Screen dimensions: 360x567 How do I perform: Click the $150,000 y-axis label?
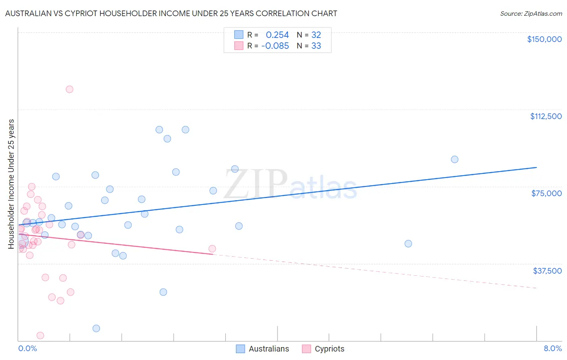coord(544,39)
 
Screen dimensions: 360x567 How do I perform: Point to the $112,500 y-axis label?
coord(546,116)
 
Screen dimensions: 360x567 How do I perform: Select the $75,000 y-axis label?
coord(546,193)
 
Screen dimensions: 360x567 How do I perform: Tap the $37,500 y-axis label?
coord(547,271)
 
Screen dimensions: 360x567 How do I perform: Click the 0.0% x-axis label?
coord(27,349)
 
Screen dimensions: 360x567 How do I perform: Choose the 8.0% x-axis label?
coord(552,349)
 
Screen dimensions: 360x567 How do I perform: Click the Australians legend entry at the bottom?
coord(263,349)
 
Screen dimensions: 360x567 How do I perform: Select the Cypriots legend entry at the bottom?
coord(323,349)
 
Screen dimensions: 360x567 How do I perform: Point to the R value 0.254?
coord(277,35)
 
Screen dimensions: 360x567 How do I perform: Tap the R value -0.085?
coord(275,46)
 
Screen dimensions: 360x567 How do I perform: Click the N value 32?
coord(316,35)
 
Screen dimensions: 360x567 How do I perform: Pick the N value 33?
coord(316,46)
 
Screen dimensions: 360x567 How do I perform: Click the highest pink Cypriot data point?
coord(69,89)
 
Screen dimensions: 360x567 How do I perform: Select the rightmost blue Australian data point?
coord(454,159)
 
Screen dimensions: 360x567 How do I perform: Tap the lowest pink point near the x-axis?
coord(40,335)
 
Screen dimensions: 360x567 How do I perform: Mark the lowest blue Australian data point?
coord(96,329)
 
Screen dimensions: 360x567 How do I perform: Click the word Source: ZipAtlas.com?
coord(531,14)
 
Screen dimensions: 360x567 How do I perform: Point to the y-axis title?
coord(11,184)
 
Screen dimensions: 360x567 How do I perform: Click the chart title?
coord(171,14)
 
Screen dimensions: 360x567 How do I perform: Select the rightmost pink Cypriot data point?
coord(212,249)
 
